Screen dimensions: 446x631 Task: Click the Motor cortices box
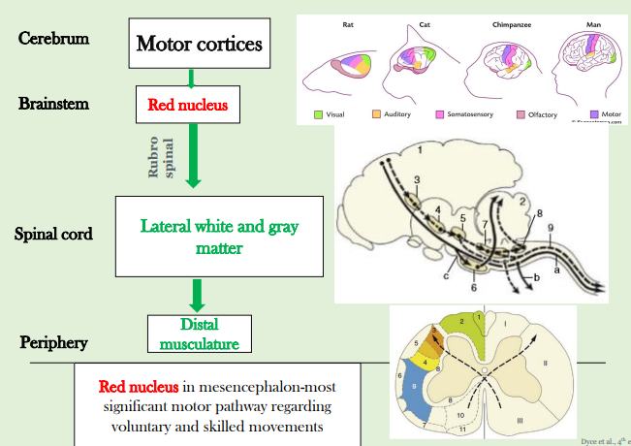[x=200, y=44]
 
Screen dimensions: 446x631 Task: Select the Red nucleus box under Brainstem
[x=192, y=104]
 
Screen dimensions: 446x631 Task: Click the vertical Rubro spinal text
[x=160, y=154]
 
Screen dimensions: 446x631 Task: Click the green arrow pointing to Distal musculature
[x=198, y=293]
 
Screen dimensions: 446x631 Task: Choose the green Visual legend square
[x=318, y=114]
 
